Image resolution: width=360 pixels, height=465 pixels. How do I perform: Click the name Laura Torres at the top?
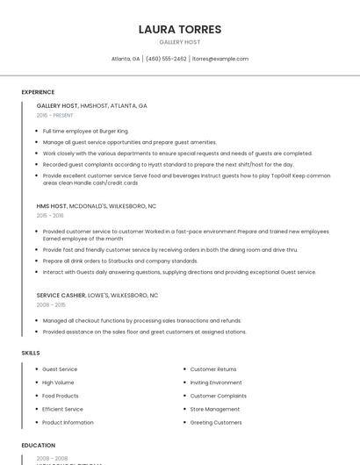tap(179, 29)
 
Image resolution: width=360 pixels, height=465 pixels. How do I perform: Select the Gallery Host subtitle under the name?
tap(179, 42)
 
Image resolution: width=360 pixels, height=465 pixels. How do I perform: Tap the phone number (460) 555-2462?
tap(166, 59)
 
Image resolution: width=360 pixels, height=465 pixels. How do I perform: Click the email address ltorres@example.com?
tap(220, 59)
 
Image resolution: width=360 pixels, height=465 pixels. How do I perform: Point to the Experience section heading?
tap(38, 92)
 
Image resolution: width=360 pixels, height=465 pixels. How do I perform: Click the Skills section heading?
tap(31, 353)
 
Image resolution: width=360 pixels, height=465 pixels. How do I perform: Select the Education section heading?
tap(39, 446)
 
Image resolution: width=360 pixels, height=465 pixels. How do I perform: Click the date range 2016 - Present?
tap(54, 115)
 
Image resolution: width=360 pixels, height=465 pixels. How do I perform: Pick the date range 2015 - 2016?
tap(50, 215)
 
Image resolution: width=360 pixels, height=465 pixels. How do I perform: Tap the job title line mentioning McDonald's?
tap(97, 205)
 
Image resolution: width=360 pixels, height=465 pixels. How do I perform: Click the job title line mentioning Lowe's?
tap(97, 296)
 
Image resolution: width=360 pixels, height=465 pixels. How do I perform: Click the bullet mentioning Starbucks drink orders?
tap(120, 261)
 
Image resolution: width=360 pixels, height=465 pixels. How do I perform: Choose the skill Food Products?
tap(61, 396)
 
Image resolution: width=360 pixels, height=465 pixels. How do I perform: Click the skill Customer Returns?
tap(213, 369)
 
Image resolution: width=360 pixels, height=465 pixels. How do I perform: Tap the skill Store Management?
tap(215, 409)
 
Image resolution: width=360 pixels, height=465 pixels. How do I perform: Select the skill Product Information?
tap(68, 422)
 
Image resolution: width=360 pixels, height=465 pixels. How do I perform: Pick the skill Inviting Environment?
tap(216, 383)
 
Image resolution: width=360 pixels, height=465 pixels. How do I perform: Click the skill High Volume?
tap(58, 383)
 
